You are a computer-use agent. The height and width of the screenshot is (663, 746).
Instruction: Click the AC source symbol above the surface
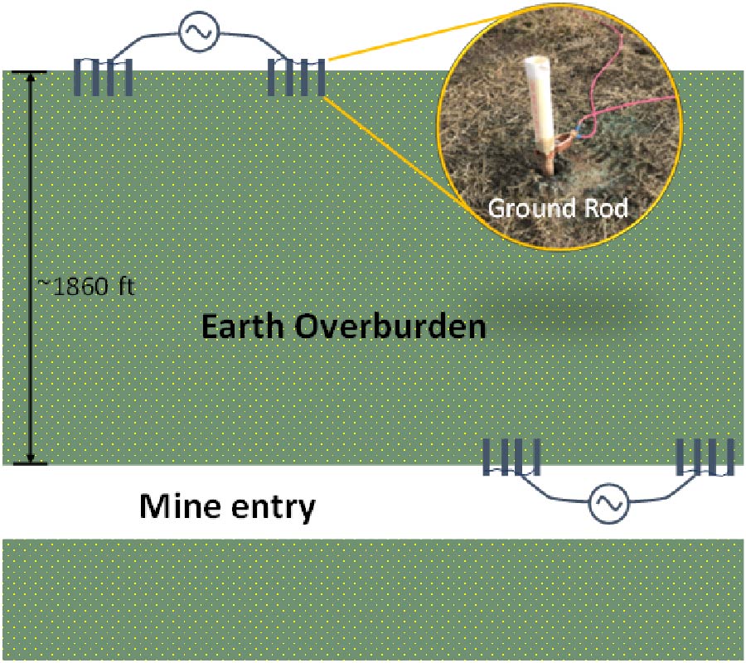[x=198, y=33]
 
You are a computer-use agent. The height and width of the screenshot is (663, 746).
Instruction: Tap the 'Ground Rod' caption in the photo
[x=557, y=207]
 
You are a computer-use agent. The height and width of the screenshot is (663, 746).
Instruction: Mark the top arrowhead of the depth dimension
[x=31, y=79]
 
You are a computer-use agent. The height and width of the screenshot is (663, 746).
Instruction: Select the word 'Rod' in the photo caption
[x=604, y=207]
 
